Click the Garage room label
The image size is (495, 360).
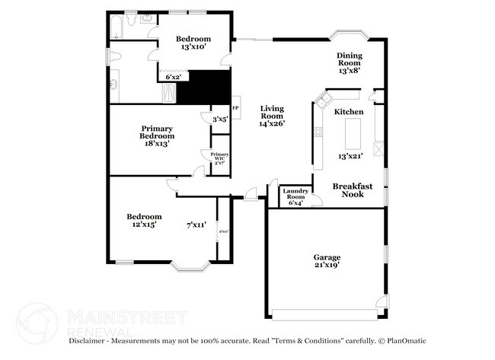pyautogui.click(x=327, y=261)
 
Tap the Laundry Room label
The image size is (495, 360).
pyautogui.click(x=295, y=197)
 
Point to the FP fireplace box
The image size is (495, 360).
pyautogui.click(x=235, y=107)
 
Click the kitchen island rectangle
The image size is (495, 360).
pyautogui.click(x=352, y=134)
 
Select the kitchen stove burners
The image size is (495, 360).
pyautogui.click(x=318, y=132)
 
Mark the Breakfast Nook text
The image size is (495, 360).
pyautogui.click(x=352, y=190)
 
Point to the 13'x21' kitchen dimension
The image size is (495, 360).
pyautogui.click(x=350, y=156)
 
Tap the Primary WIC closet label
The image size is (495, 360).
pyautogui.click(x=219, y=158)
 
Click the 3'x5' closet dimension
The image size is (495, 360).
pyautogui.click(x=220, y=119)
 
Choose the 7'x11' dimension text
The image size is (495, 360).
pyautogui.click(x=196, y=225)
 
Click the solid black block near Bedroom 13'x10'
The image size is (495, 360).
pyautogui.click(x=204, y=87)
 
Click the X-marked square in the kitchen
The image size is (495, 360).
pyautogui.click(x=378, y=148)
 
